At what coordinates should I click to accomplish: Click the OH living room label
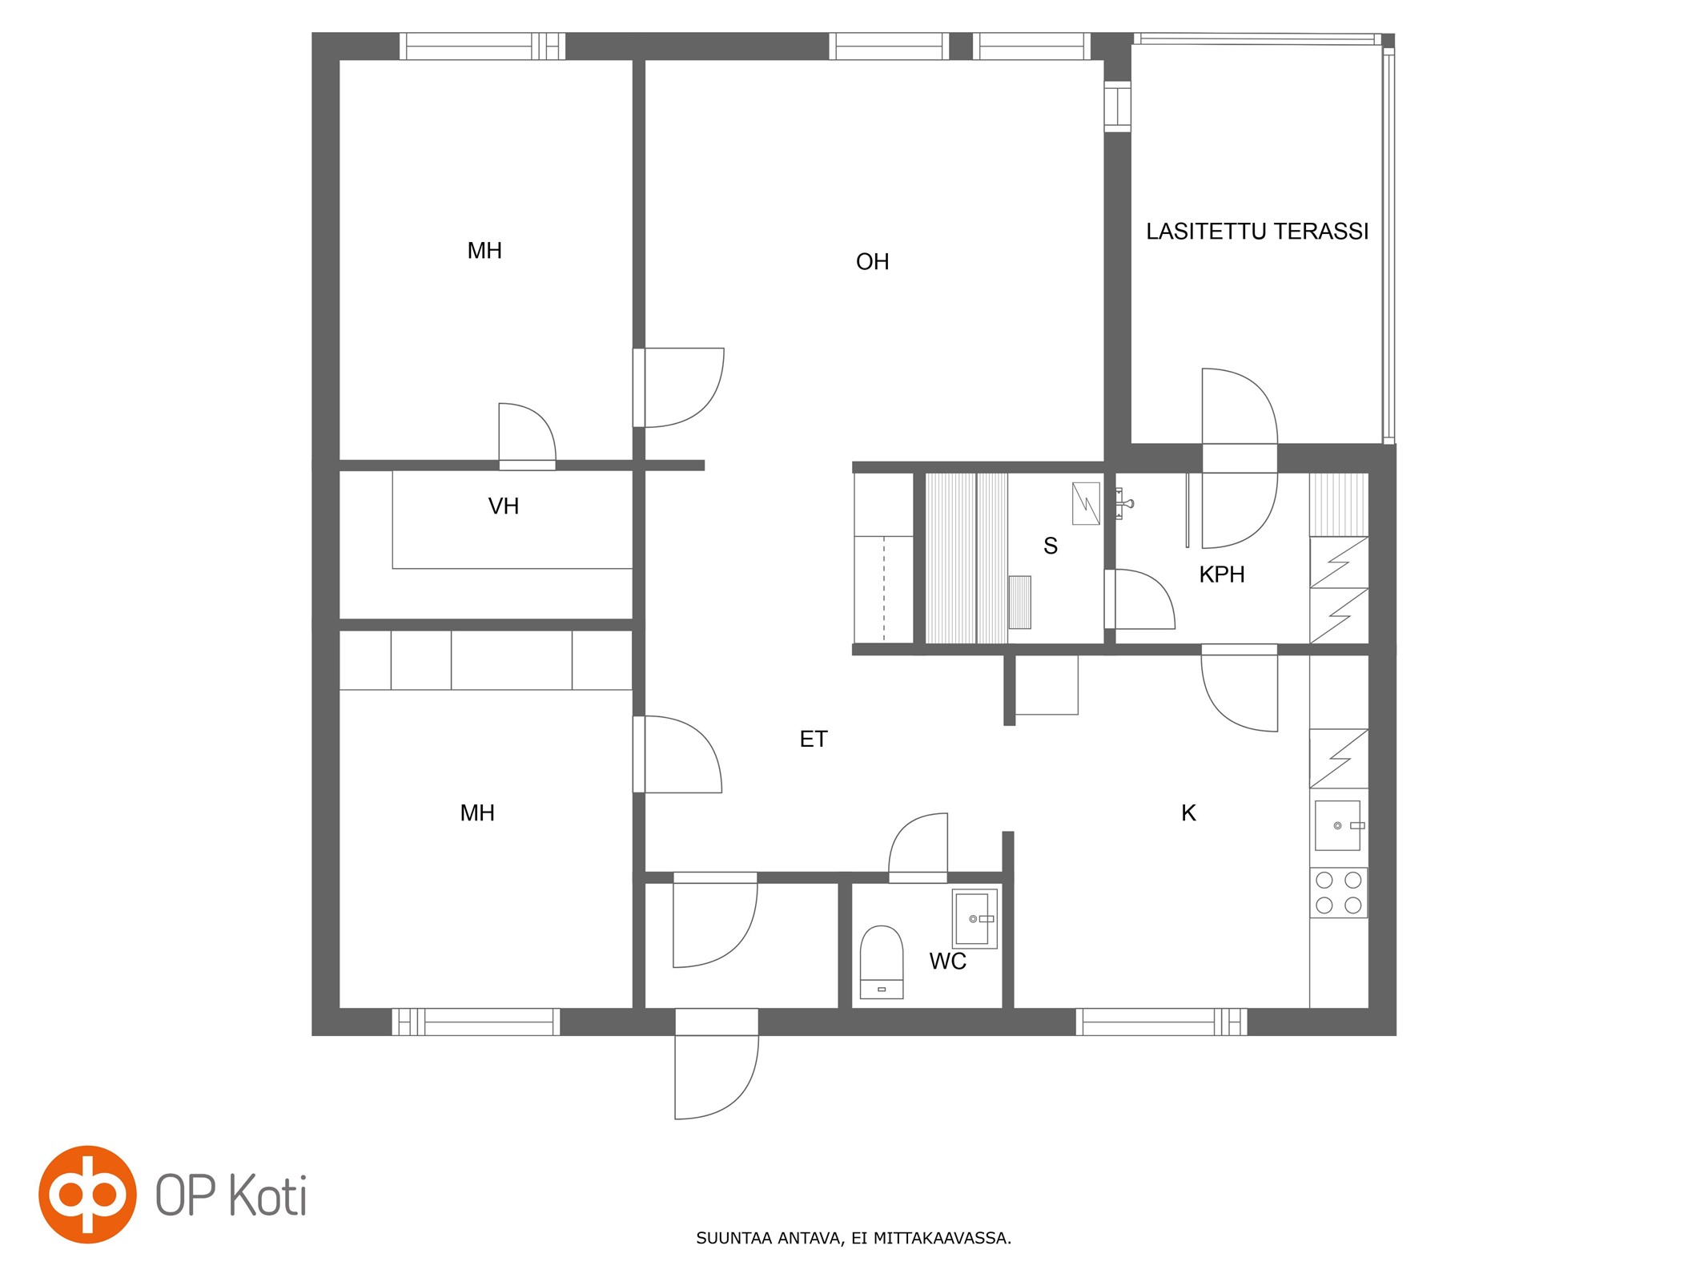coord(872,262)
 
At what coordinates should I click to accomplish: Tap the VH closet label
coord(504,506)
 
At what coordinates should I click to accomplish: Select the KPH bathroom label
coord(1221,574)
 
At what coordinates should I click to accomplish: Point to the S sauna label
coord(1051,546)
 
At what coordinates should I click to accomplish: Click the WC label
coord(947,961)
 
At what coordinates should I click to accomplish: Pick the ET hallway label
coord(814,740)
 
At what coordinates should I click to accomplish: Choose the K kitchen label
coord(1188,813)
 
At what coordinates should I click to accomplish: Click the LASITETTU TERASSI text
coord(1257,232)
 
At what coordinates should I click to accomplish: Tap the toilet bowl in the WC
coord(881,961)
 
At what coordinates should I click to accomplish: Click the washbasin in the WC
coord(975,918)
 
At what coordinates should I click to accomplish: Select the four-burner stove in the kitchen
coord(1338,893)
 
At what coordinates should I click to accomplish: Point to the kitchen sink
coord(1338,825)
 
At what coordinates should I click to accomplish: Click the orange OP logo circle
coord(87,1194)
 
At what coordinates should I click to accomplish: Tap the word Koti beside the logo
coord(267,1195)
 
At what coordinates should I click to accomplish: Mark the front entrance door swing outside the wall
coord(717,1078)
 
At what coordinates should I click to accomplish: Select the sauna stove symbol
coord(1019,603)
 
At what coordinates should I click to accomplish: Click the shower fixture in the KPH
coord(1123,503)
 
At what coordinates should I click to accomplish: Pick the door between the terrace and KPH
coord(1240,458)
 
